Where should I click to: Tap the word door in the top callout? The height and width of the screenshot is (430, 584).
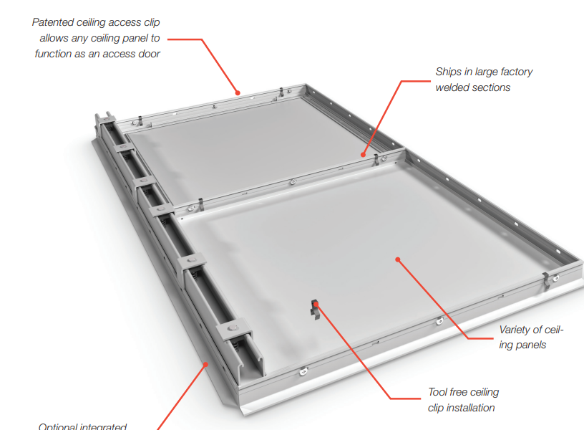(147, 54)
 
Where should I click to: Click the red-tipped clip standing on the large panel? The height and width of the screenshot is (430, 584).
(314, 308)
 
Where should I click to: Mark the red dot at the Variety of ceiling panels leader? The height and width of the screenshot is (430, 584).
(397, 260)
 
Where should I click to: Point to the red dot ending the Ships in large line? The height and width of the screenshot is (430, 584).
(364, 153)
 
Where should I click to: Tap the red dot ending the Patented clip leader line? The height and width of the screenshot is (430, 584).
(239, 92)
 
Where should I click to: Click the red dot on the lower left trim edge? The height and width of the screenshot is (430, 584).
(206, 364)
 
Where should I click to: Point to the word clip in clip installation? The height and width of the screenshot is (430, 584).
(436, 408)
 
